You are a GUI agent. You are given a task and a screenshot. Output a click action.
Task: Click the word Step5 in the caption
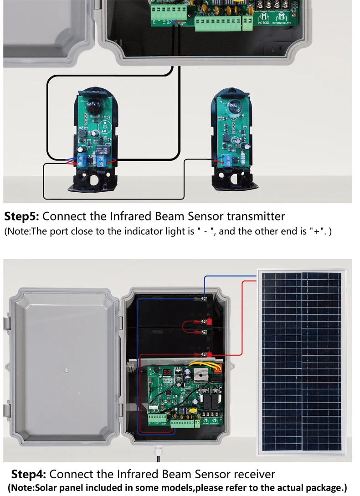pos(21,216)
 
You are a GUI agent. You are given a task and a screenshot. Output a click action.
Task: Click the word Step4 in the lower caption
pos(28,474)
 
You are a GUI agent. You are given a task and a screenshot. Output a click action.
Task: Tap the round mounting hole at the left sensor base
pos(96,179)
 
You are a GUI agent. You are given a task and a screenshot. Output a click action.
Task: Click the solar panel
pos(302,360)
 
